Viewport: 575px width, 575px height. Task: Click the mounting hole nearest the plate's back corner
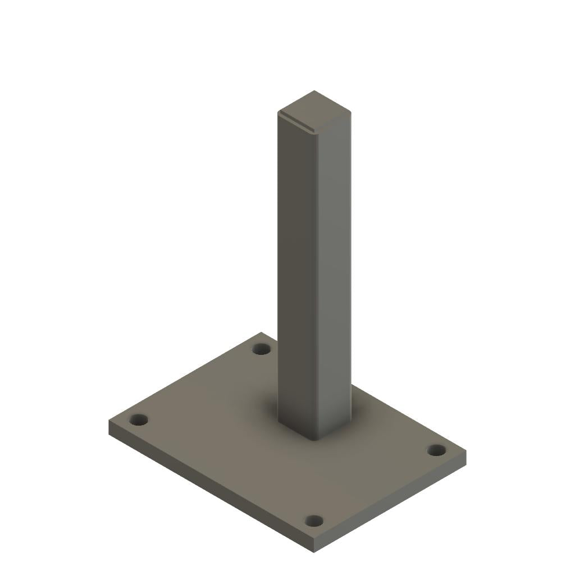pos(261,349)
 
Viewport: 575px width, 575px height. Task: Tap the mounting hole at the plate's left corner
pos(138,419)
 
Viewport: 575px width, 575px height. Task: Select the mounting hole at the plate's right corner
pos(436,450)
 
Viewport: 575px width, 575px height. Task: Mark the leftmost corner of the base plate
pos(109,420)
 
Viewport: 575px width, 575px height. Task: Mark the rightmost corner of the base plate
pos(466,451)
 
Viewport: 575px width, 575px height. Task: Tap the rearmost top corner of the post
pos(314,90)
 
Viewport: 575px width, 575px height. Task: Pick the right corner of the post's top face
pos(351,112)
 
